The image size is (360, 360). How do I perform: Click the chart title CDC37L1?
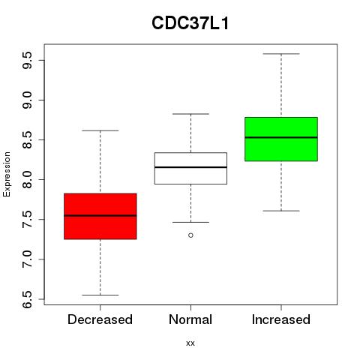(190, 23)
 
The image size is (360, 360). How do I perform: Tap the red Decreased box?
(100, 216)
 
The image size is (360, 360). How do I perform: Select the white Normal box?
(190, 168)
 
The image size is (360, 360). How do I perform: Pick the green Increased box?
(281, 139)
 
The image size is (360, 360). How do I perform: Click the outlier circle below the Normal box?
(190, 235)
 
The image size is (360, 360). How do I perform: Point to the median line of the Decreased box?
(100, 215)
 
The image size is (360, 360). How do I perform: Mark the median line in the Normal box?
(190, 167)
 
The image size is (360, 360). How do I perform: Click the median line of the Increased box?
(281, 137)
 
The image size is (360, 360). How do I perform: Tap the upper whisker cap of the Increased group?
(281, 54)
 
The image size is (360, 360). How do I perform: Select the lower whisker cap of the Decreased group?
(100, 295)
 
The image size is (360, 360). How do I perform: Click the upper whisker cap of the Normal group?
(190, 114)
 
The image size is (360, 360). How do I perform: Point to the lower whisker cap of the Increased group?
(281, 211)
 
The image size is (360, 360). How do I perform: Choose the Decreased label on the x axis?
(100, 319)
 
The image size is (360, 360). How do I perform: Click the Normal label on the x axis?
(190, 319)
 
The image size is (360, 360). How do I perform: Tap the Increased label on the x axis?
(281, 319)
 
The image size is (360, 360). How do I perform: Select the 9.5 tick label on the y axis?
(27, 60)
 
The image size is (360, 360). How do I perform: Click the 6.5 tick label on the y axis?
(27, 299)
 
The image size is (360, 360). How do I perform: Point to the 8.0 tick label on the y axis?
(27, 179)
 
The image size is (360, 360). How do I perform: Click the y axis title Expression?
(7, 174)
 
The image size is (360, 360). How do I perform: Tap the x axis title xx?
(190, 343)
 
